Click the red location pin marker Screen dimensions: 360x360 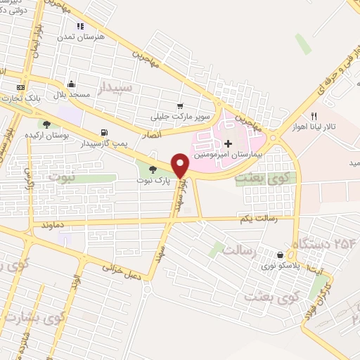(x=181, y=165)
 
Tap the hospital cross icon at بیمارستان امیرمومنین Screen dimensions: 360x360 (x=228, y=143)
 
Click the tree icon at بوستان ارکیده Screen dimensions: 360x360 (x=46, y=124)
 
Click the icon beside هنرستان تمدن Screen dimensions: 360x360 (x=80, y=26)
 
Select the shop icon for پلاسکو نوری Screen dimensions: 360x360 (x=281, y=255)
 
